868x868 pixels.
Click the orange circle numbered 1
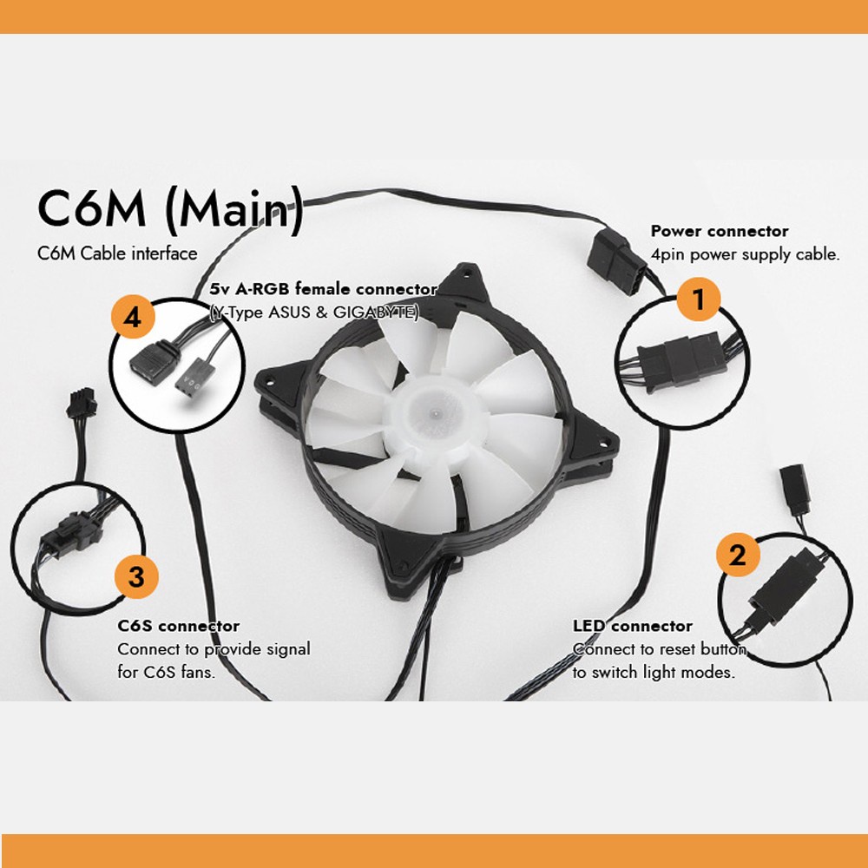700,299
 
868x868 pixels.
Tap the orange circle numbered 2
737,555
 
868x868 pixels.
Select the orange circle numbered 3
136,575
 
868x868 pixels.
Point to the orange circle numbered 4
132,319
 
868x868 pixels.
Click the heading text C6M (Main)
170,212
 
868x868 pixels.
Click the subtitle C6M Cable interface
117,253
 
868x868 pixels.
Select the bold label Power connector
719,232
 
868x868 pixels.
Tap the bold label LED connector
632,626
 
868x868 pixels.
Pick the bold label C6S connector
178,626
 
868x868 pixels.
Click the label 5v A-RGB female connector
323,290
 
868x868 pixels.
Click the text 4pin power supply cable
745,256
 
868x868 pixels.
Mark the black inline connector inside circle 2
786,593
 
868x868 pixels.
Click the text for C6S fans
167,672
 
